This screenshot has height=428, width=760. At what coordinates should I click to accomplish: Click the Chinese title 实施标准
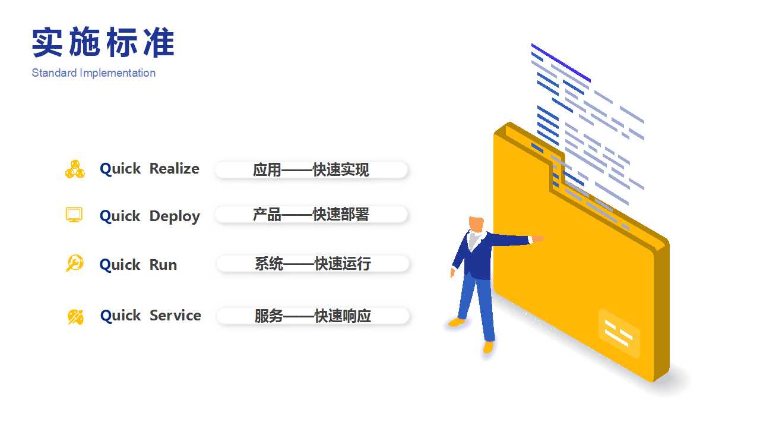coord(103,42)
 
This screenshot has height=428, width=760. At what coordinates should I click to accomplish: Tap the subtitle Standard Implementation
coord(94,73)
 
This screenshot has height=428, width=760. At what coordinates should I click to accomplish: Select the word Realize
coord(175,168)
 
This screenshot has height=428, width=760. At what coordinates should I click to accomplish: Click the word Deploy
coord(175,216)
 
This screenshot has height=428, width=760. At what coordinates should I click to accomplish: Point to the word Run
coord(163,265)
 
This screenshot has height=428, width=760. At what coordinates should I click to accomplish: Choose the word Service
coord(175,315)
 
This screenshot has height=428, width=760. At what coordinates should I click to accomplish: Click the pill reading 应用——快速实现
coord(311,169)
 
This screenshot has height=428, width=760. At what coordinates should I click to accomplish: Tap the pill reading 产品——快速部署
coord(311,215)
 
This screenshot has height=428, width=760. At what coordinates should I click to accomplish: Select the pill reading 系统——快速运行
coord(313,263)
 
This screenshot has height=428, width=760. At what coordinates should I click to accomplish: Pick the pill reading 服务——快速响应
coord(313,316)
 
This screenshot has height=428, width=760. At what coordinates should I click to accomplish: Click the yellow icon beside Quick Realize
coord(75,169)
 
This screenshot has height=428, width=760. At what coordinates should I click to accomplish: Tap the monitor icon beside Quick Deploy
coord(74,215)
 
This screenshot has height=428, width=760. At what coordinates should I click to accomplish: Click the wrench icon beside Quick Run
coord(75,263)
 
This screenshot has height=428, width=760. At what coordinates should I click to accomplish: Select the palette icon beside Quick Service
coord(75,317)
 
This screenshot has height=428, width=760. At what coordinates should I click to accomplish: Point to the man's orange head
coord(476,224)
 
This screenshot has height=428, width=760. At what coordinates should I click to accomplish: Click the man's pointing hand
coord(537,239)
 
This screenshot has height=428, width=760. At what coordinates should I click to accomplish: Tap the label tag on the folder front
coord(619,333)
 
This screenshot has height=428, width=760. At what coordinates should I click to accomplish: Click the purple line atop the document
coord(561,63)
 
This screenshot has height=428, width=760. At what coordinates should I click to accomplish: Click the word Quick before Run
coord(120,265)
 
